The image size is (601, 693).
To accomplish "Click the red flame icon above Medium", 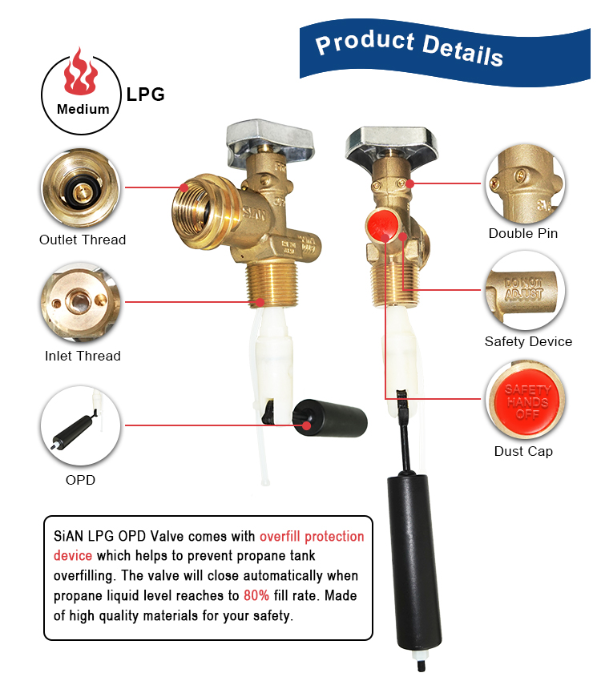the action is pyautogui.click(x=80, y=72).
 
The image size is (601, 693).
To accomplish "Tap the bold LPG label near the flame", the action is pyautogui.click(x=145, y=95).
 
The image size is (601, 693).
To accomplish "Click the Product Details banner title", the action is pyautogui.click(x=409, y=49).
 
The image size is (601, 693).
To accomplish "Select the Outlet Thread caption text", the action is pyautogui.click(x=83, y=240).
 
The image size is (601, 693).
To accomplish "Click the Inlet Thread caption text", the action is pyautogui.click(x=83, y=356).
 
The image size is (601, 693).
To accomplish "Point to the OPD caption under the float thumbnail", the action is pyautogui.click(x=80, y=480).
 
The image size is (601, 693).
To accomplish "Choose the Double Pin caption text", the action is pyautogui.click(x=523, y=233).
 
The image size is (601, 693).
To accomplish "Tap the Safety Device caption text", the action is pyautogui.click(x=528, y=341).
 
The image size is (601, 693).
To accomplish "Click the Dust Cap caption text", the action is pyautogui.click(x=523, y=451).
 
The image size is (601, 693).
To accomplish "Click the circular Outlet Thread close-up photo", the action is pyautogui.click(x=81, y=188).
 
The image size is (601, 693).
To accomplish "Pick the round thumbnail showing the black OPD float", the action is pyautogui.click(x=81, y=425).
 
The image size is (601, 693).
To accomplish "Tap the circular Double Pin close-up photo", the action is pyautogui.click(x=526, y=183).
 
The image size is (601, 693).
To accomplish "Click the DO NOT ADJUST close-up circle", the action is pyautogui.click(x=526, y=291).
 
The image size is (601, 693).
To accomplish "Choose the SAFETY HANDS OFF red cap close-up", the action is pyautogui.click(x=526, y=400).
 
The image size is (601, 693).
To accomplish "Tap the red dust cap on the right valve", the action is pyautogui.click(x=381, y=225).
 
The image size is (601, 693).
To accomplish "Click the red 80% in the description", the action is pyautogui.click(x=256, y=595).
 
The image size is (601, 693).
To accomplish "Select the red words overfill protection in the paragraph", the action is pyautogui.click(x=312, y=536).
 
